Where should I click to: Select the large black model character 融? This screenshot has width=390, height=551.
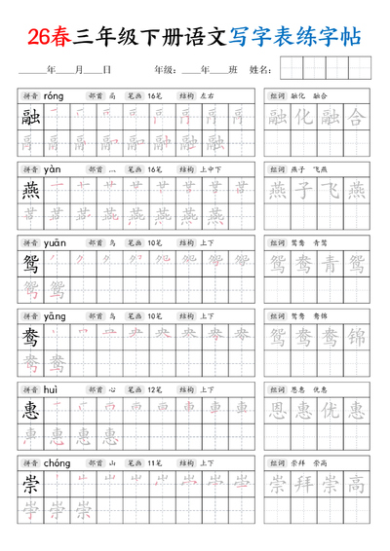tap(31, 118)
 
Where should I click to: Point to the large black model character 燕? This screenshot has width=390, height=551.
tap(31, 190)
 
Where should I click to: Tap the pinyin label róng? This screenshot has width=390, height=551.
tap(54, 96)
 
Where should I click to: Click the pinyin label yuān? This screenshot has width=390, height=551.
tap(56, 242)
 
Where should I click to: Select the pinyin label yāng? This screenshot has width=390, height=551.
tap(56, 315)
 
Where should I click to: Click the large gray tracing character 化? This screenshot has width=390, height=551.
tap(304, 119)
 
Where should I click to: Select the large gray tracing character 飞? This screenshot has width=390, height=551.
tap(331, 191)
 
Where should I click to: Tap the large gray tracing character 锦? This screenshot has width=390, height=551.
tap(357, 337)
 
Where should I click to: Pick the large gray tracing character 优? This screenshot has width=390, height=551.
tap(331, 410)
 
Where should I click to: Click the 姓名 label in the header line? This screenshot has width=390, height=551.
tap(260, 70)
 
